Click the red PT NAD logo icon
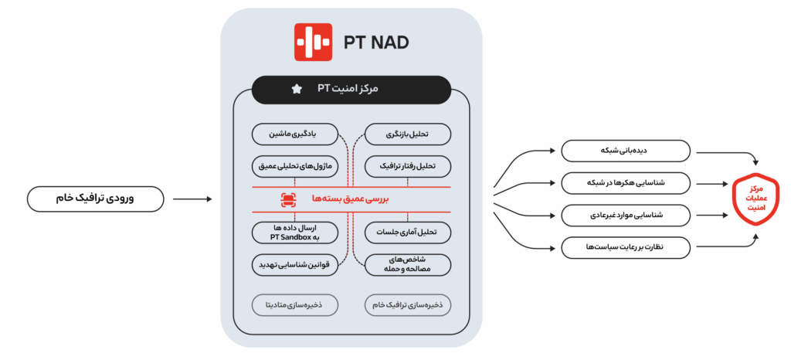pos(314,42)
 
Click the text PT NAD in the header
pos(376,42)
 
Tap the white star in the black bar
pos(297,90)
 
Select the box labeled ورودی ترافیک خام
pos(95,199)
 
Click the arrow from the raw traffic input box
pos(192,199)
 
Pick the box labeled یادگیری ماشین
pos(295,135)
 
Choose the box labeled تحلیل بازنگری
pos(408,135)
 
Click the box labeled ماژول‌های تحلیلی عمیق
pos(295,166)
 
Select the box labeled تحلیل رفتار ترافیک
pos(408,166)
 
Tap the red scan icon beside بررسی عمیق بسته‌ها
pos(289,199)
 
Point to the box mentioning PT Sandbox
pos(295,233)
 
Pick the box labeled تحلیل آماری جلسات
pos(408,233)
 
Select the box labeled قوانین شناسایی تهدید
pos(295,265)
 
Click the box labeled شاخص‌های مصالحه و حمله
pos(408,265)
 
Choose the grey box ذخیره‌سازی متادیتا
pos(295,305)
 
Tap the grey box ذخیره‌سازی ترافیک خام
pos(408,305)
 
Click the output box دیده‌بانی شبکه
pos(626,151)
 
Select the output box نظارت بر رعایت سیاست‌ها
pos(626,248)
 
